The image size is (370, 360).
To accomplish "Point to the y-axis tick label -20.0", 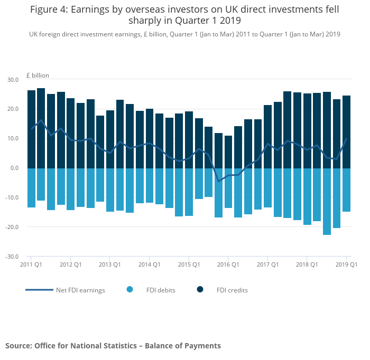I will click(x=11, y=227).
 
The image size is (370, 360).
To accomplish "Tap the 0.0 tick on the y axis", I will click(x=14, y=168).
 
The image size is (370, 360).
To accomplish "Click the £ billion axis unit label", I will click(x=37, y=75).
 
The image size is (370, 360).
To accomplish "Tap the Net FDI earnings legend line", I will click(x=39, y=290).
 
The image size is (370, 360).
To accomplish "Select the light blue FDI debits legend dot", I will click(x=130, y=289).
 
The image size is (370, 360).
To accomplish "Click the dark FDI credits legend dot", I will click(x=200, y=289).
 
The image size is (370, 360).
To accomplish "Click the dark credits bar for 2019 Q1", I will click(x=346, y=132).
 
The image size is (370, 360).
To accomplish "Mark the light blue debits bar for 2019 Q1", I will click(x=346, y=190).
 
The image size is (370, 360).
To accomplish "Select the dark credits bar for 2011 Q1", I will click(x=31, y=129).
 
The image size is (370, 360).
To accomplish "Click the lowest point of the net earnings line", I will click(x=218, y=182).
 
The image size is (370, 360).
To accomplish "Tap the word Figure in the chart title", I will click(x=45, y=10).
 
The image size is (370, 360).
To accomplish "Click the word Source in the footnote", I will click(x=18, y=346).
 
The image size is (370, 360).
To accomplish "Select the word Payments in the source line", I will click(x=203, y=346).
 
